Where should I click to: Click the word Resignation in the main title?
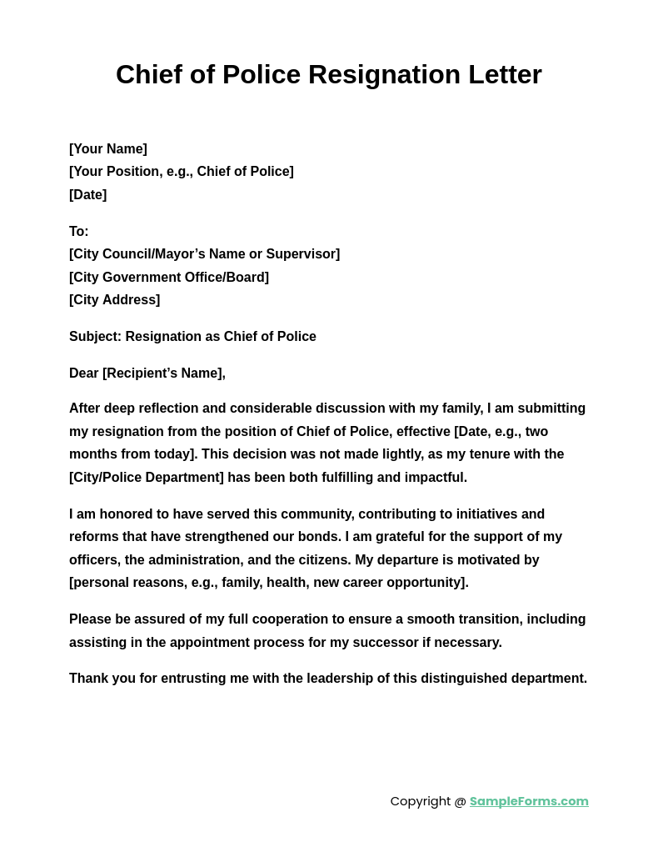coord(384,75)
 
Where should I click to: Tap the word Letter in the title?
coord(505,75)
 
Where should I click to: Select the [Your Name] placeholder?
coord(108,149)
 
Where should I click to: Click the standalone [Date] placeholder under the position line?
coord(87,195)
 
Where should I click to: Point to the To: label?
coord(79,232)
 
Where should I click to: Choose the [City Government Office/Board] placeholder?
coord(169,278)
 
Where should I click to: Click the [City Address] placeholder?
coord(114,300)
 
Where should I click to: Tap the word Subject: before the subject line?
coord(95,337)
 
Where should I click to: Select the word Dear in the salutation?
coord(83,373)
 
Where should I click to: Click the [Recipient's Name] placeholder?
coord(163,373)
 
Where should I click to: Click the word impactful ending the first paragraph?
coord(436,478)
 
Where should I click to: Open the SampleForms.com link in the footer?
coord(529,801)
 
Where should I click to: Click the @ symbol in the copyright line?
coord(460,801)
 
